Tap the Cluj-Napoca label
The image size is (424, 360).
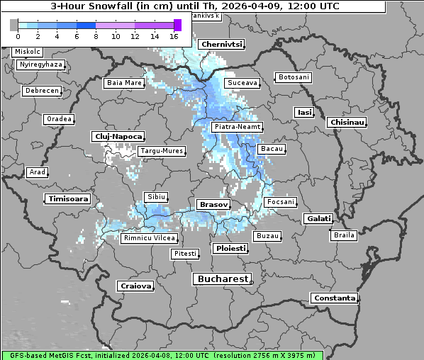tap(118, 136)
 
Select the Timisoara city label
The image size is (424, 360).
tap(68, 199)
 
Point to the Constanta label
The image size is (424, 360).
tap(334, 298)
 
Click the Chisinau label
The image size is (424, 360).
tap(347, 123)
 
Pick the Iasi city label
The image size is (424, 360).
tap(304, 112)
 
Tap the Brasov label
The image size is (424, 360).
tap(213, 204)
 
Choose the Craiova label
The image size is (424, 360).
tap(136, 286)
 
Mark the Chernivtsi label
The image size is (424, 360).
tap(221, 44)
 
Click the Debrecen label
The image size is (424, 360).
tap(41, 91)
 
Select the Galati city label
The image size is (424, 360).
tap(318, 219)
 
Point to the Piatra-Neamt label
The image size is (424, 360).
tap(237, 127)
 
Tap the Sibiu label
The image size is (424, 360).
tap(155, 196)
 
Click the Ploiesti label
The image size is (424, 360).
tap(230, 249)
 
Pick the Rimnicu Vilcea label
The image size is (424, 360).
tap(147, 238)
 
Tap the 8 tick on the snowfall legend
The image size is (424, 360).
tap(96, 35)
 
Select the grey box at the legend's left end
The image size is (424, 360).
tap(14, 25)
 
